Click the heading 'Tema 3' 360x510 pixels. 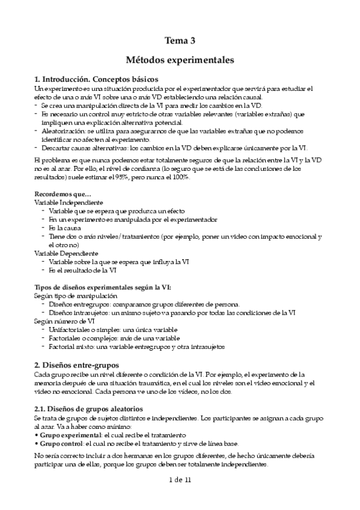point(180,41)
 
